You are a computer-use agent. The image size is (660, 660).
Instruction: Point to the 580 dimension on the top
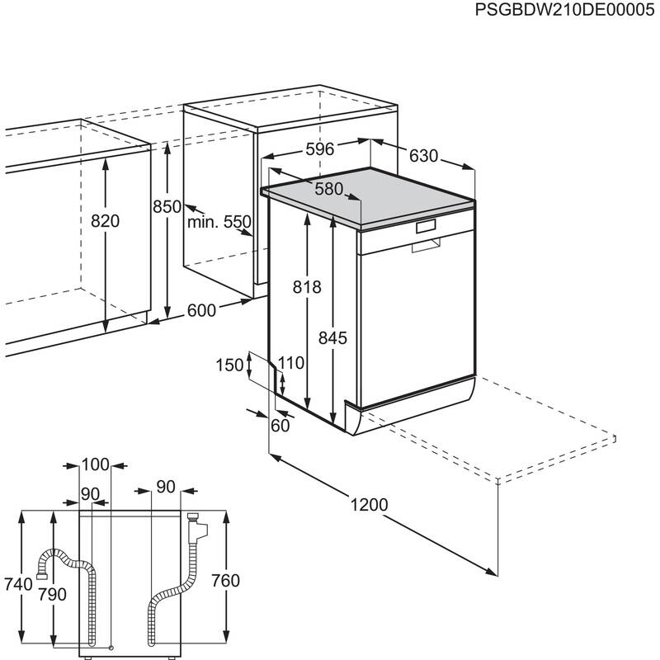(328, 189)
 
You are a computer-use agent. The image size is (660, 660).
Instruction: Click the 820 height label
(106, 221)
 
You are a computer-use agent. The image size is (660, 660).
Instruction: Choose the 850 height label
(167, 208)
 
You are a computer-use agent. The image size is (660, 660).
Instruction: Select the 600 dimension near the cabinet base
(201, 310)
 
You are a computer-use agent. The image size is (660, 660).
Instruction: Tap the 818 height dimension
(307, 286)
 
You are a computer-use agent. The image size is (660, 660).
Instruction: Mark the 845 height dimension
(332, 337)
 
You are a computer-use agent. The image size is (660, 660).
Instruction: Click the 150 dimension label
(231, 365)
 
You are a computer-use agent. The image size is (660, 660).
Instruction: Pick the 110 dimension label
(290, 361)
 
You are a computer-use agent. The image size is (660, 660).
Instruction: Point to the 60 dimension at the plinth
(280, 426)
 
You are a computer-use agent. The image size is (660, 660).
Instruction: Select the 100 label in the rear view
(96, 465)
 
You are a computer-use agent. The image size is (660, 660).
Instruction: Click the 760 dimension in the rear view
(224, 581)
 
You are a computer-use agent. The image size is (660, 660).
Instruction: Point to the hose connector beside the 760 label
(195, 523)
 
